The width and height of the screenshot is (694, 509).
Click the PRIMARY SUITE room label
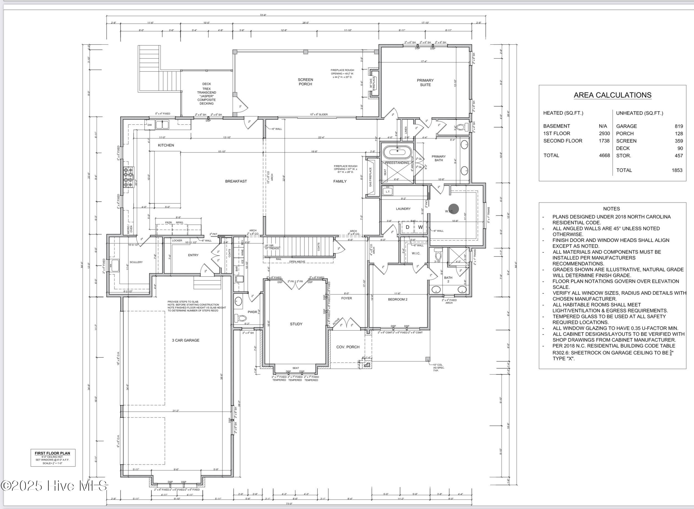425,83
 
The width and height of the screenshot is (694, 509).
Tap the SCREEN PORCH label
305,82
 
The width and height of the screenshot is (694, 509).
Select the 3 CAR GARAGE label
185,340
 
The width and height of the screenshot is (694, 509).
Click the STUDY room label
296,324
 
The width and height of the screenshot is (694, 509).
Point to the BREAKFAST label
236,181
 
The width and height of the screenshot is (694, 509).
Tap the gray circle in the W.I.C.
454,209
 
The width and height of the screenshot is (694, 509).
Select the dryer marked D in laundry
407,227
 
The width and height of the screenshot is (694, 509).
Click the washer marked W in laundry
420,227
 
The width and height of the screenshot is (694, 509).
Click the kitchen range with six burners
128,177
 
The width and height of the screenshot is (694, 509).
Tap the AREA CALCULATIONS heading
612,95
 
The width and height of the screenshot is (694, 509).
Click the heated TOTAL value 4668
604,155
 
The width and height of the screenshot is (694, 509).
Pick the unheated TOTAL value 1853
677,170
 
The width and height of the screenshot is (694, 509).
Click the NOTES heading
611,209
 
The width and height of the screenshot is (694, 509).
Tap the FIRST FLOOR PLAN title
52,453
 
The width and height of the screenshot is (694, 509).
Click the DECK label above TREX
206,84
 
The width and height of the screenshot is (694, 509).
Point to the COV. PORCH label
348,347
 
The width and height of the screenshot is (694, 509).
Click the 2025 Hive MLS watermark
54,486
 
